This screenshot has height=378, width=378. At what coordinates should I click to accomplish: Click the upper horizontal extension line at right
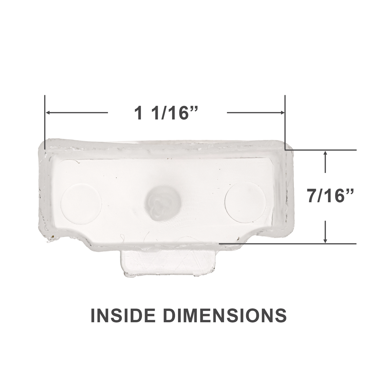(321, 150)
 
